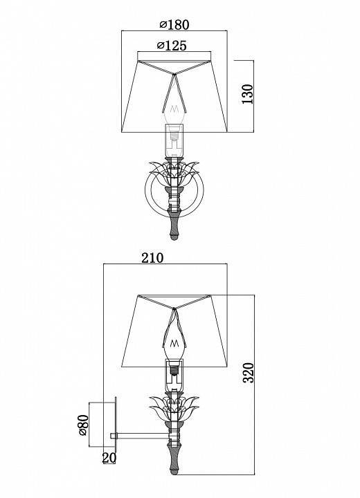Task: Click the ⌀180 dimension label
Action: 173,25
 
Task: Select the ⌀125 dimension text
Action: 174,46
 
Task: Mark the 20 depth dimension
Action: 109,459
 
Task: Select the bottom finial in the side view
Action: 176,457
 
